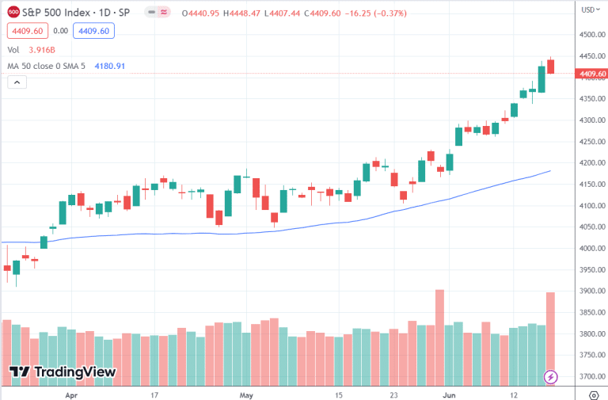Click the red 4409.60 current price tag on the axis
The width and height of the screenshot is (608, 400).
coord(592,74)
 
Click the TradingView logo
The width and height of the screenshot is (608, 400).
coord(63,371)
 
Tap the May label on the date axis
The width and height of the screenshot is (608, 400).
coord(246,394)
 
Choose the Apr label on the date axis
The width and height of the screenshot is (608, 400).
coord(71,394)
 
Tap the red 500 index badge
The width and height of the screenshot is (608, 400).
coord(13,13)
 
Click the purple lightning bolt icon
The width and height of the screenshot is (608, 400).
coord(551,376)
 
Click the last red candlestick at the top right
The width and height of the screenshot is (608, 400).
coord(550,67)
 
